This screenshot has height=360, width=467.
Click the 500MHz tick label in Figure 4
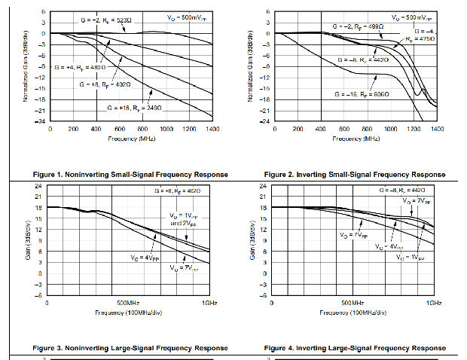tap(353, 302)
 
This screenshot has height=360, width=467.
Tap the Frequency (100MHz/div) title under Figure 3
tap(132, 311)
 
